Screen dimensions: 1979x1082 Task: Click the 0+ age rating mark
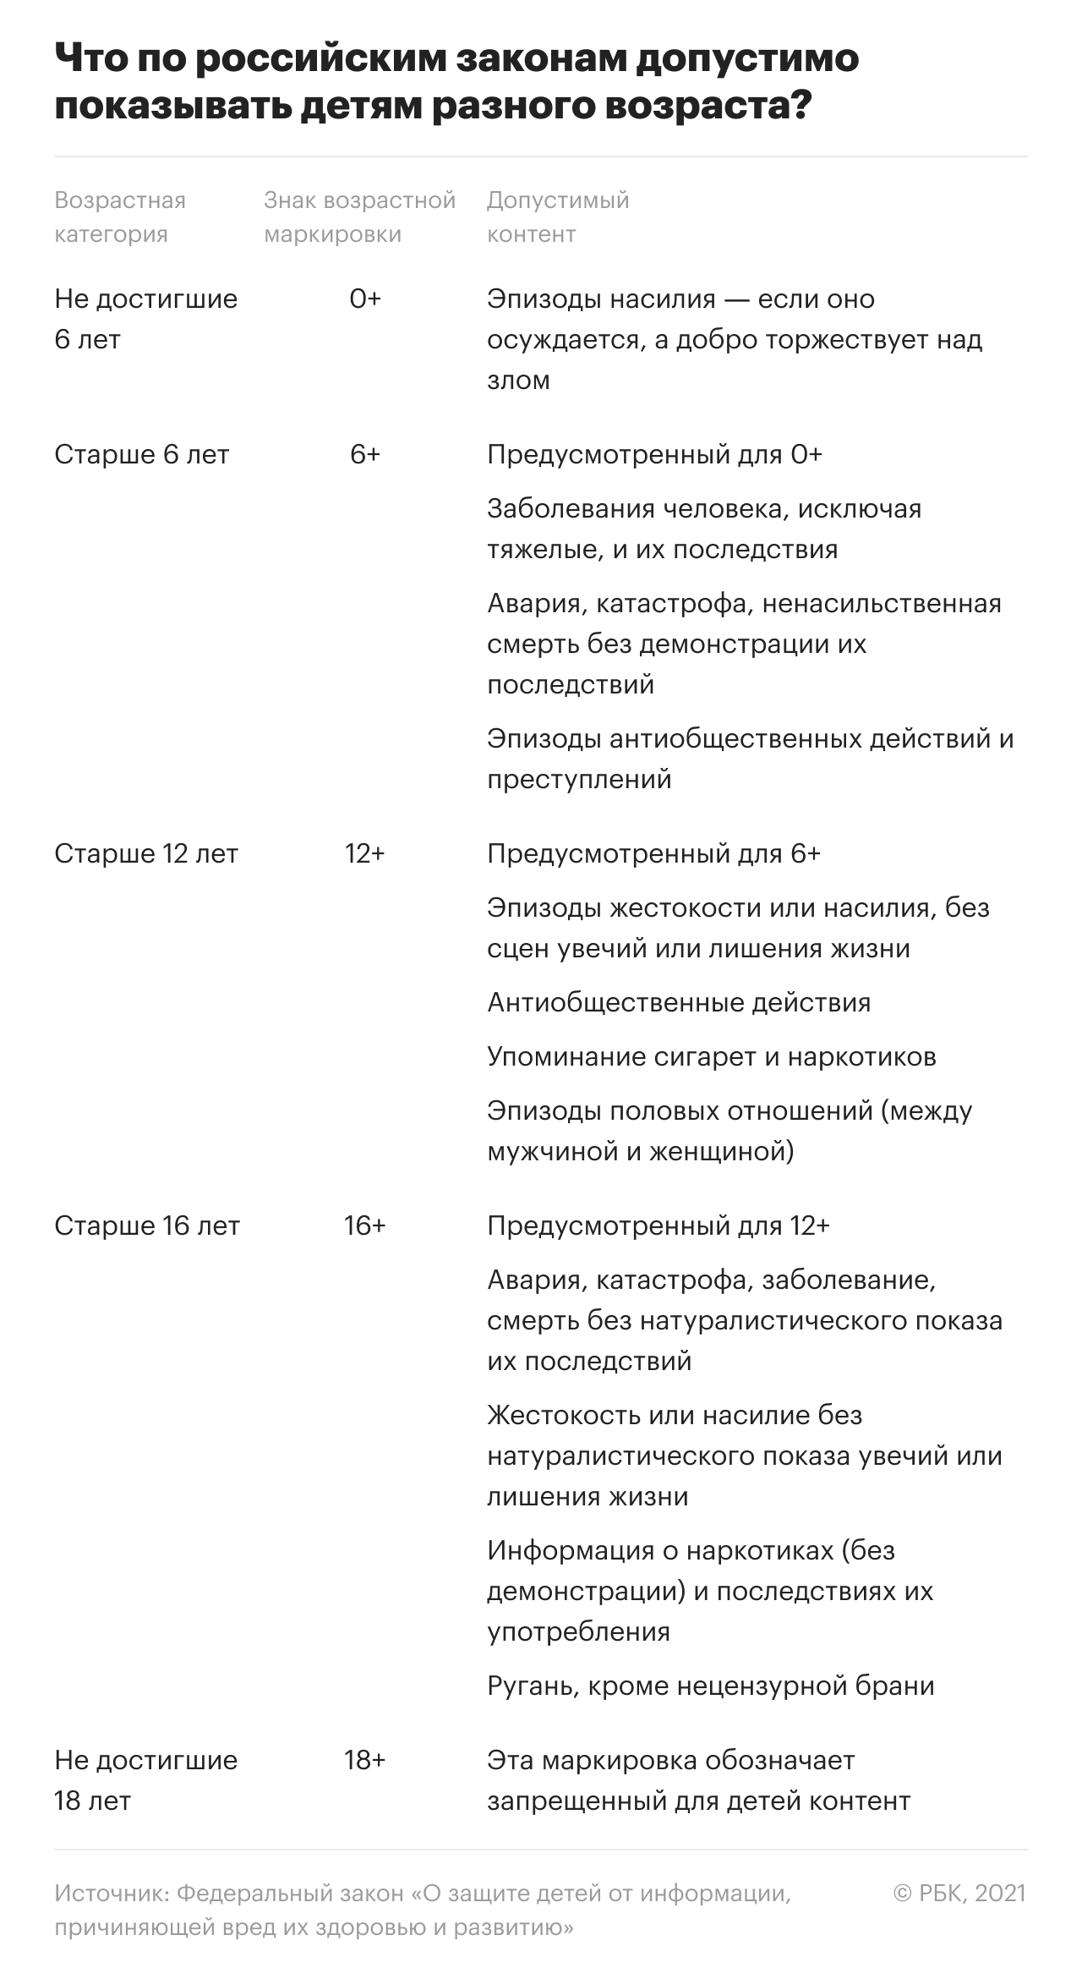pyautogui.click(x=365, y=299)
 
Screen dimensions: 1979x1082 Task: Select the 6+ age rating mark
pyautogui.click(x=365, y=455)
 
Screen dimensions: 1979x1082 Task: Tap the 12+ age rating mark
pyautogui.click(x=364, y=854)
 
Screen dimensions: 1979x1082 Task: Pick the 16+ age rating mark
pyautogui.click(x=364, y=1226)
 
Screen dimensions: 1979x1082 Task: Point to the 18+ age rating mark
pyautogui.click(x=364, y=1761)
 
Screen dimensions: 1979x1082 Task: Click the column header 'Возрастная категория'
pyautogui.click(x=120, y=217)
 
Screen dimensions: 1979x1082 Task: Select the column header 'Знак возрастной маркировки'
pyautogui.click(x=359, y=217)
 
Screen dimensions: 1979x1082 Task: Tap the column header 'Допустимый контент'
pyautogui.click(x=558, y=217)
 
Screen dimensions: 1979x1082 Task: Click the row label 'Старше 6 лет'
pyautogui.click(x=142, y=455)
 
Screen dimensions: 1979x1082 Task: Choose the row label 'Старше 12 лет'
pyautogui.click(x=146, y=854)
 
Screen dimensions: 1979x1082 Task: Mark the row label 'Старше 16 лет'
pyautogui.click(x=147, y=1226)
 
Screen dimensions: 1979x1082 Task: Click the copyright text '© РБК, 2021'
pyautogui.click(x=959, y=1894)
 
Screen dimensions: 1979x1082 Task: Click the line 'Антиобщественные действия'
pyautogui.click(x=679, y=1003)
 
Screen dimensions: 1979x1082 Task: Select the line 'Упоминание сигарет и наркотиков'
pyautogui.click(x=712, y=1057)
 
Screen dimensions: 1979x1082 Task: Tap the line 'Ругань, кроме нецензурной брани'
pyautogui.click(x=711, y=1686)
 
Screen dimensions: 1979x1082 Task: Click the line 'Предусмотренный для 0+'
pyautogui.click(x=654, y=455)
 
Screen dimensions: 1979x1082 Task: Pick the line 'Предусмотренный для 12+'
pyautogui.click(x=658, y=1226)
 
